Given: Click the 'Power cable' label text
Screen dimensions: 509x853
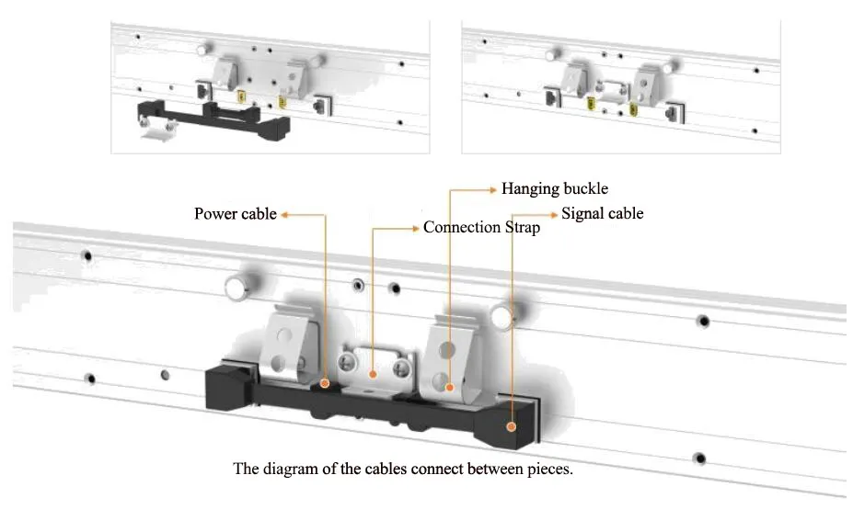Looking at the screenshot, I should [x=235, y=214].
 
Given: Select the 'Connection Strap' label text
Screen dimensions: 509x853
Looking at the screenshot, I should [x=481, y=227].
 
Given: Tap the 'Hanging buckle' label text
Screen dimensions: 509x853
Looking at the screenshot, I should [x=554, y=189].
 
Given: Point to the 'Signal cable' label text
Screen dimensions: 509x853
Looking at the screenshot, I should [x=602, y=213].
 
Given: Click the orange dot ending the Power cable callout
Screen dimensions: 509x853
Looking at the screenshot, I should [x=326, y=380].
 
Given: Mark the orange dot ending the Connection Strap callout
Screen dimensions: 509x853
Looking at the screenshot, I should [x=372, y=374].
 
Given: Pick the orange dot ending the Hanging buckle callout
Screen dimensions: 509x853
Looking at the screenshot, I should [x=448, y=388].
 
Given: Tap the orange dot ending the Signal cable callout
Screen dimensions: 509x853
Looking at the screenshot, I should [x=512, y=425].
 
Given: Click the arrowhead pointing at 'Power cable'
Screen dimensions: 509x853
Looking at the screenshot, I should [x=285, y=215].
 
